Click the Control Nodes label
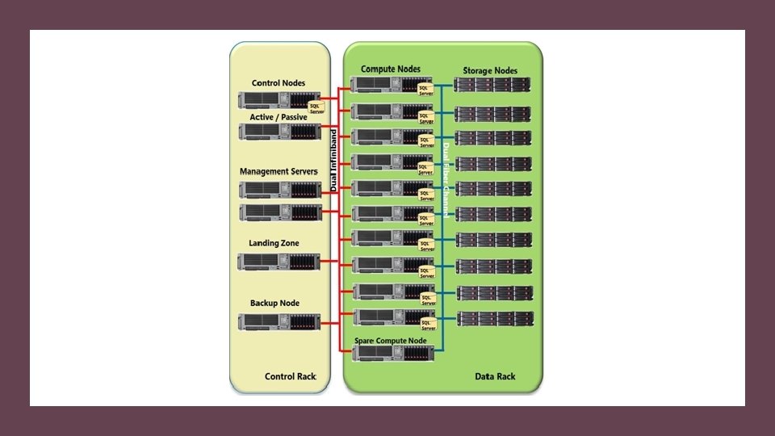tap(279, 83)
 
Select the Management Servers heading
tap(279, 172)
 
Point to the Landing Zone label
tap(274, 243)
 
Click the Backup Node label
tap(274, 304)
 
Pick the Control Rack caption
tap(291, 377)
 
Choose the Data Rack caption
tap(495, 377)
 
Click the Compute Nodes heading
tap(391, 69)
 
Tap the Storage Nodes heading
tap(491, 71)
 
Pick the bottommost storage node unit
tap(494, 318)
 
